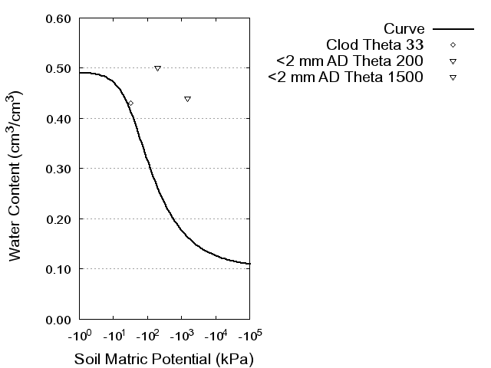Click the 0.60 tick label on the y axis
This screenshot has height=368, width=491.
pos(58,18)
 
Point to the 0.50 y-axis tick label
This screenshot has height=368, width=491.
pos(58,68)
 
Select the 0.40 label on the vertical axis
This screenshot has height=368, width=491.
pos(58,118)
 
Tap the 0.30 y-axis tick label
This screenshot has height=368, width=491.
pos(58,169)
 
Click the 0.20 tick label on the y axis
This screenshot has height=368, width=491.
pos(58,219)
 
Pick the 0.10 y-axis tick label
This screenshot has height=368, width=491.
pos(58,269)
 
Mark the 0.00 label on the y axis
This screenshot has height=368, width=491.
pos(58,319)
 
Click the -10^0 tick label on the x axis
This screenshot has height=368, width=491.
pos(80,337)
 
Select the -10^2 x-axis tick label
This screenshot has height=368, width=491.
pos(147,337)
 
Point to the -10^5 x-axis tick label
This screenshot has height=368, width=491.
pos(249,337)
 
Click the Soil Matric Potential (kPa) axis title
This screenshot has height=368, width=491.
pos(164,359)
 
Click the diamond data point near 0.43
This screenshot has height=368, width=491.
pos(130,103)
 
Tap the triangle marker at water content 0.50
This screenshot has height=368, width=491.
pos(157,68)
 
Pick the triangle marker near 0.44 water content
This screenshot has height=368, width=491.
pos(187,99)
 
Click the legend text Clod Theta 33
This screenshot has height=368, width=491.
pos(375,44)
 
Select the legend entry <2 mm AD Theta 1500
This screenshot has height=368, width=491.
pos(346,77)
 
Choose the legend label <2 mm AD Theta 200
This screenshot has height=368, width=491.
pos(350,61)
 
